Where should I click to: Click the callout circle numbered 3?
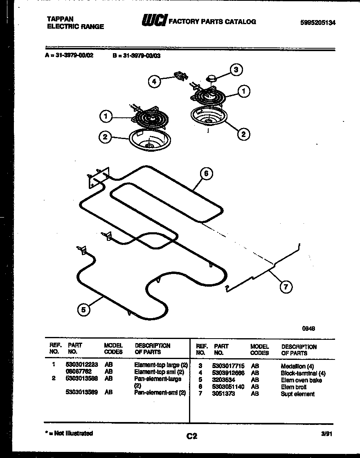(x=236, y=70)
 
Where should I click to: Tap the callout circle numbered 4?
(x=154, y=81)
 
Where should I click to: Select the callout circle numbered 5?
(x=83, y=310)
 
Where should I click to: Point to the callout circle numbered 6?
(x=206, y=174)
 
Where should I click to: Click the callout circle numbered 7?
(x=286, y=287)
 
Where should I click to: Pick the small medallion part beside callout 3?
(x=211, y=77)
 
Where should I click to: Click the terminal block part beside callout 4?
(x=180, y=76)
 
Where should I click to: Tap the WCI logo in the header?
(x=154, y=21)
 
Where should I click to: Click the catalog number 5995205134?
(x=317, y=23)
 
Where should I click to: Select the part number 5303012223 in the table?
(x=82, y=365)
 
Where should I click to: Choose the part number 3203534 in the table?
(x=223, y=380)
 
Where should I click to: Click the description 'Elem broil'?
(x=293, y=387)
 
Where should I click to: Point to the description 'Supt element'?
(x=297, y=394)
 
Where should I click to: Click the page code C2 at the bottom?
(x=191, y=436)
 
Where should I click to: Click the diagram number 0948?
(x=309, y=328)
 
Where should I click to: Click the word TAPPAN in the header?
(x=60, y=19)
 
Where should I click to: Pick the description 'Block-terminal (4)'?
(x=303, y=373)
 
